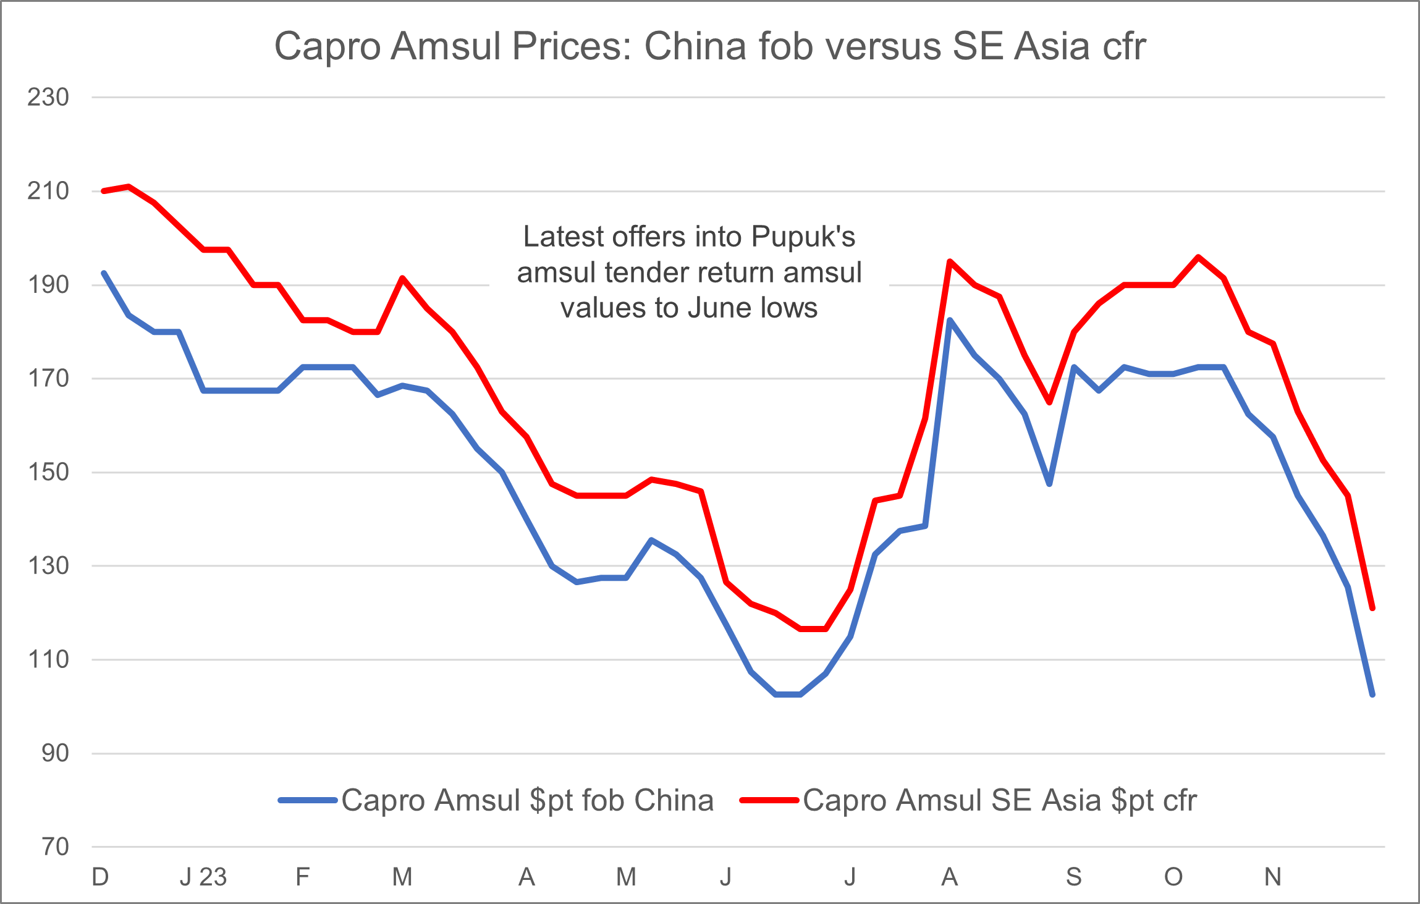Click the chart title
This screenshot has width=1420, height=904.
709,46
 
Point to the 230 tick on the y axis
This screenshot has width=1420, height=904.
48,97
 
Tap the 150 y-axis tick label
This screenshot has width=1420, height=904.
48,472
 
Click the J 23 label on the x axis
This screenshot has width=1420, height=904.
203,877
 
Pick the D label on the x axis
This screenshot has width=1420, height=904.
100,877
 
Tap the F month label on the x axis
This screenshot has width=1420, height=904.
302,877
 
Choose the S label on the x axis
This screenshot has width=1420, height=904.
1074,877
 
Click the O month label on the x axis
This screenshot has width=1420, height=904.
1173,877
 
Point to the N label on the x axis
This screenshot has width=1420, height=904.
1273,877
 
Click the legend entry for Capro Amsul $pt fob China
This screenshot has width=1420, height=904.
527,800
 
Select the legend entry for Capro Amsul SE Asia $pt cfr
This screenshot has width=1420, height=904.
999,800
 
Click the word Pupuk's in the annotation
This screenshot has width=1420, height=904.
803,237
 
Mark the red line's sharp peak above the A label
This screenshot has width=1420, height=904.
950,261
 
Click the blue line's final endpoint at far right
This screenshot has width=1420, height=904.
1372,695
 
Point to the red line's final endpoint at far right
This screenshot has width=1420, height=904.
1372,609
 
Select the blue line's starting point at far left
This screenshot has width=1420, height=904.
104,272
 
